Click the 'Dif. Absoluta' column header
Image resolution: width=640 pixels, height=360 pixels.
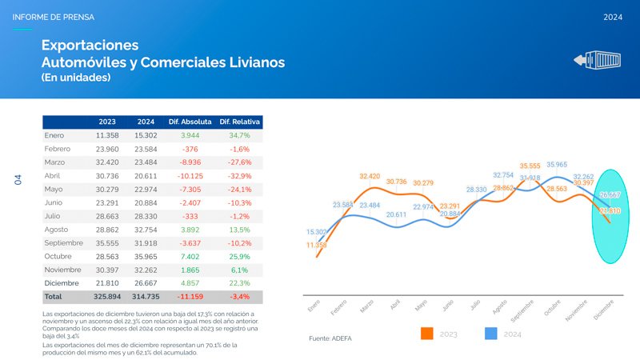click(x=190, y=122)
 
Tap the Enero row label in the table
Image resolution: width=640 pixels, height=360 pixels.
click(x=54, y=135)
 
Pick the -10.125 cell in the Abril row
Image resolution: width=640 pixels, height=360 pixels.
click(x=190, y=176)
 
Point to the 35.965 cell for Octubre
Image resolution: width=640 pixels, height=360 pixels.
click(x=146, y=256)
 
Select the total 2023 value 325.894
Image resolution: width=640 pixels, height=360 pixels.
click(x=106, y=297)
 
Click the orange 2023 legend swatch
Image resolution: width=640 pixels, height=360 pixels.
click(x=427, y=334)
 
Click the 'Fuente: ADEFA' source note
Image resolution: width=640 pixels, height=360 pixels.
click(x=330, y=338)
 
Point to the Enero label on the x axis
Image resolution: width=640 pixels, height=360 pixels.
click(x=314, y=306)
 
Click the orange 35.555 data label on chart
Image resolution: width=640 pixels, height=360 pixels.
click(x=530, y=166)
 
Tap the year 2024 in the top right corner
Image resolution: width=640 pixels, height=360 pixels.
click(x=613, y=17)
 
